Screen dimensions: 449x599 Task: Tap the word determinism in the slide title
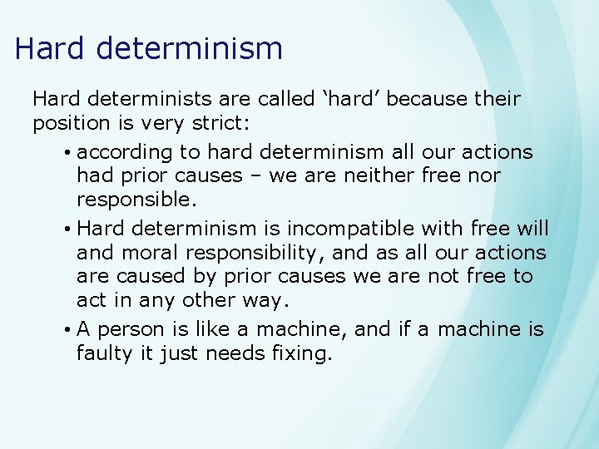point(190,48)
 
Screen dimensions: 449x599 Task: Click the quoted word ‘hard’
point(344,99)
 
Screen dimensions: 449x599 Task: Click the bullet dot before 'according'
point(66,153)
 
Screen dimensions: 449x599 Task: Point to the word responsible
point(136,200)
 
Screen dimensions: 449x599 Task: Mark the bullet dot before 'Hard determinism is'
point(66,229)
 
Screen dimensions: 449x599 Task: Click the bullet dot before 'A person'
point(66,330)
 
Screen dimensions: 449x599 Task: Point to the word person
point(133,329)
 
